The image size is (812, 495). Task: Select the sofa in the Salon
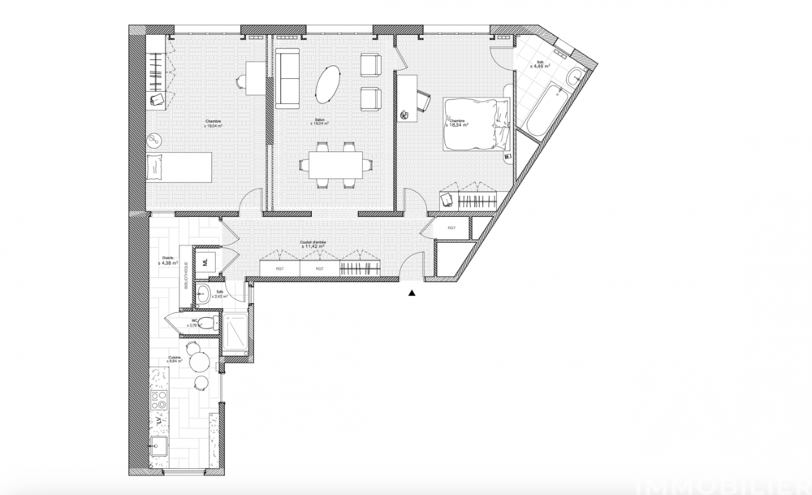point(287,79)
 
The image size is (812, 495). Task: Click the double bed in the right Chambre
point(475,123)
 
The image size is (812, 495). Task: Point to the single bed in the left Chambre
point(178,168)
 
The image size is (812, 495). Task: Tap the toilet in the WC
point(207,323)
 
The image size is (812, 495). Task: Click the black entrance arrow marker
point(412,293)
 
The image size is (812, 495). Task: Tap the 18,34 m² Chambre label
point(460,124)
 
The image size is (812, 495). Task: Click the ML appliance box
point(206,262)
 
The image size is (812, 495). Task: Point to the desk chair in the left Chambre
point(241,80)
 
